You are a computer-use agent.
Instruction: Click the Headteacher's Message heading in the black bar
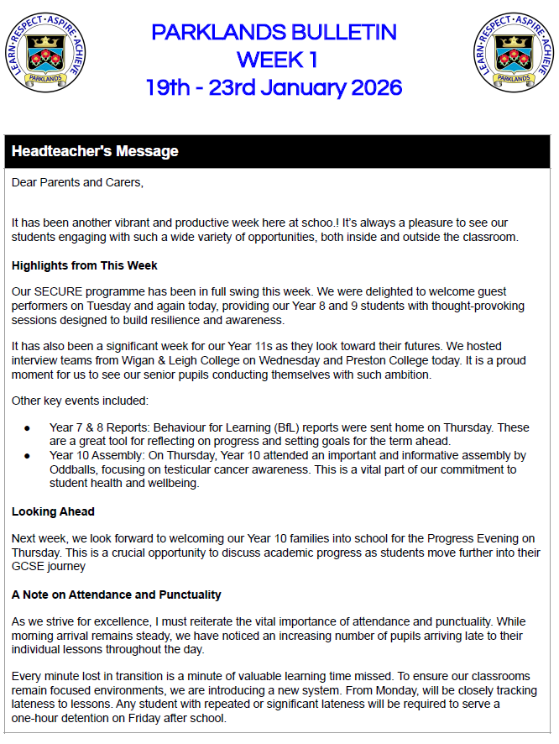coord(95,152)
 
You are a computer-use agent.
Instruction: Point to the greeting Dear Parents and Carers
coord(77,181)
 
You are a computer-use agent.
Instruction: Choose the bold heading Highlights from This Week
coord(85,266)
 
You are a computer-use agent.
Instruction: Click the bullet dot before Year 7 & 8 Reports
coord(28,428)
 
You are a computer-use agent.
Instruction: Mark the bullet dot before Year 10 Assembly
coord(28,456)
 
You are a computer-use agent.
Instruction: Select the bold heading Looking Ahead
coord(53,511)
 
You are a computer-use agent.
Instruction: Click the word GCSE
coord(26,565)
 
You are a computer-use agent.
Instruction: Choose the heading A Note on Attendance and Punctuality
coord(117,595)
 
